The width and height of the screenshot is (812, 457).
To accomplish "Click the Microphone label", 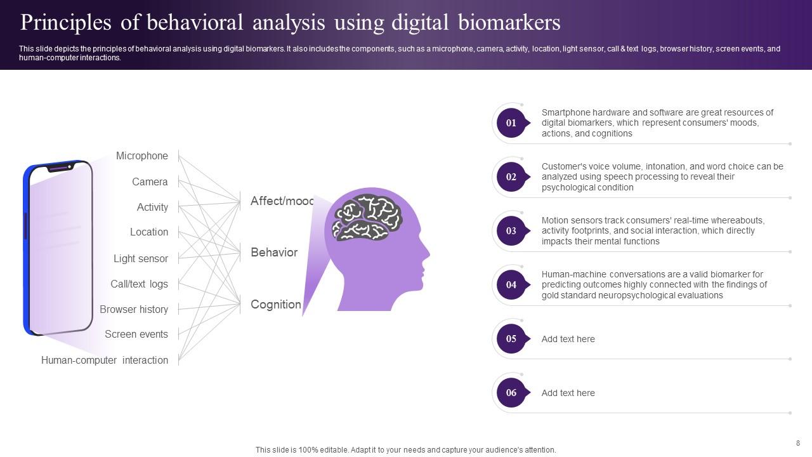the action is click(141, 156).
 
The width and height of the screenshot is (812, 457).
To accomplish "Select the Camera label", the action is click(150, 182).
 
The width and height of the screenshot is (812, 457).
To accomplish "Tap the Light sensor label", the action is click(141, 258).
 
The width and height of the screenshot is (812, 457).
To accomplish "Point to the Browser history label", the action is click(134, 309).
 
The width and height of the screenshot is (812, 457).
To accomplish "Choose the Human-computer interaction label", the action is click(105, 360).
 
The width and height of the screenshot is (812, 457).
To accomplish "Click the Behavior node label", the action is click(274, 253).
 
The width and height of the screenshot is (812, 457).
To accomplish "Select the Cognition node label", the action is click(276, 304).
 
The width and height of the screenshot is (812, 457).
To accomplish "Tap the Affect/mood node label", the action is click(282, 201).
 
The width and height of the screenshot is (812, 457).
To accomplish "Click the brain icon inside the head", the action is click(367, 218).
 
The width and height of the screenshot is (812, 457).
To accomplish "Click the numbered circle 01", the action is click(511, 123).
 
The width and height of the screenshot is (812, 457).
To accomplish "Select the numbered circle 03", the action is click(511, 231).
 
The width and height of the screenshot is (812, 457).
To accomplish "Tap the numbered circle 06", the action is click(511, 393).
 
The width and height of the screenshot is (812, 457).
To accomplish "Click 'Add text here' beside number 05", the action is click(568, 339).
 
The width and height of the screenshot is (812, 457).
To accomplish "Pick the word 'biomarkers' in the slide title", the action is click(509, 22).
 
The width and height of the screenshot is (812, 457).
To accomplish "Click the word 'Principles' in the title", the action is click(65, 23).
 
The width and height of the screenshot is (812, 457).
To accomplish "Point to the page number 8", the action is click(798, 443).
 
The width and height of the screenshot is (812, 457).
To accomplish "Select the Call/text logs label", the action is click(139, 284).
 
